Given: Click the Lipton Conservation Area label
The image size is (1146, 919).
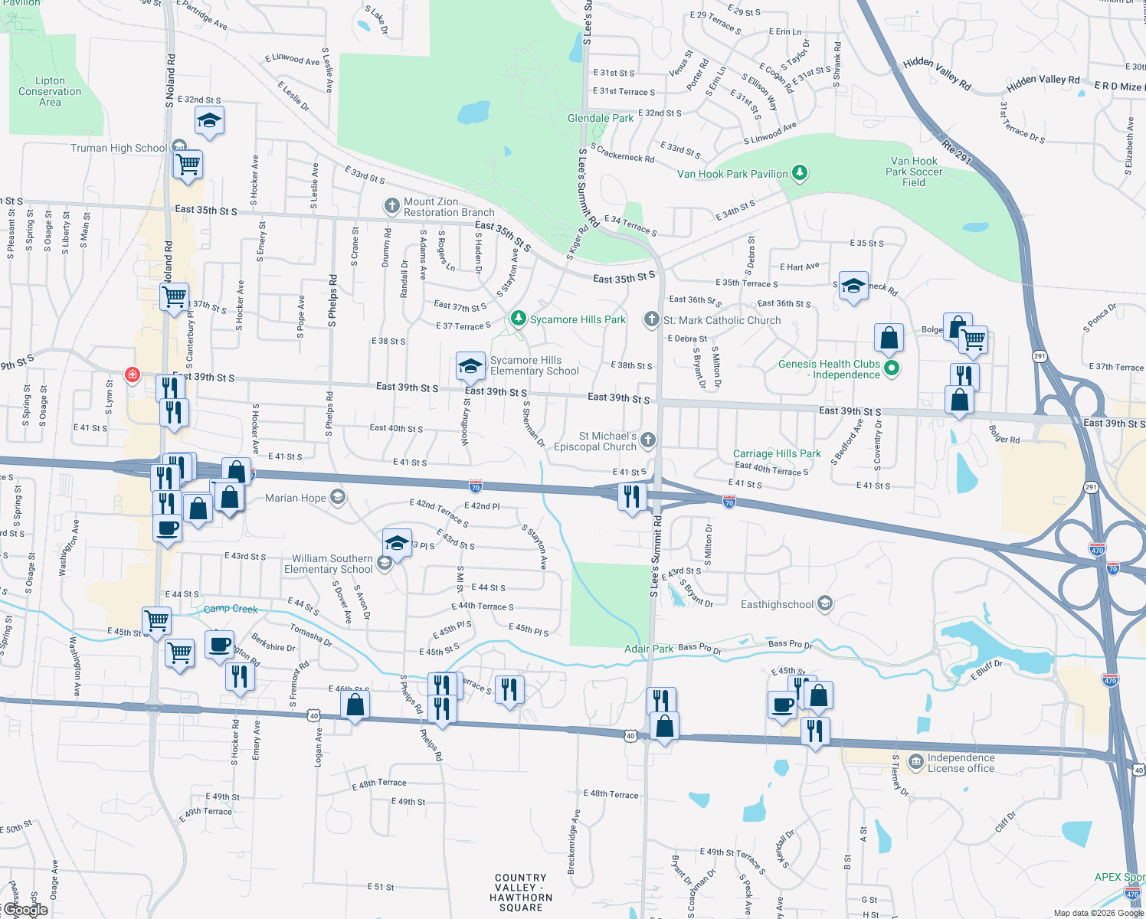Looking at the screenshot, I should coord(50,91).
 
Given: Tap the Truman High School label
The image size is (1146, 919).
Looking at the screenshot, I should coord(119,148).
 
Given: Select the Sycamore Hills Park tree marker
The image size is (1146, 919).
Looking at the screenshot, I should coord(519,319).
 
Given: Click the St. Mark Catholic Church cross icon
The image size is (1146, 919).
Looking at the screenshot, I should coord(651,319).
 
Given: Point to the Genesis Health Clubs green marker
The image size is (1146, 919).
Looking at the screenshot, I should coord(891,368).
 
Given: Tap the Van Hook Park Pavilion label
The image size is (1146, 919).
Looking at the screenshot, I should coord(732,174).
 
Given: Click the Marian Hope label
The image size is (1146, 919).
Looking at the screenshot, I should coord(296,498).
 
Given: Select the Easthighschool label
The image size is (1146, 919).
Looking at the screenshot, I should coord(777,604).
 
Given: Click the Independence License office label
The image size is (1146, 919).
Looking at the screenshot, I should coord(961,763).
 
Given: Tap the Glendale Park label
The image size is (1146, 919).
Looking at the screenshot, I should coord(601,118).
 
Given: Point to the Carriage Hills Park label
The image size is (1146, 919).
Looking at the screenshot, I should coord(777,453).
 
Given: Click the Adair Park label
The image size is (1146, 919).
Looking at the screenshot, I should coord(649,649).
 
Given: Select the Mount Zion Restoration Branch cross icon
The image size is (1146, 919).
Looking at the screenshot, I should coord(391,205).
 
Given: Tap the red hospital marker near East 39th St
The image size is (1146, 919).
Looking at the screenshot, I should coord(133,374).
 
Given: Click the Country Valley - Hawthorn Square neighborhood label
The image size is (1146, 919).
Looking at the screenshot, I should coord(521,892).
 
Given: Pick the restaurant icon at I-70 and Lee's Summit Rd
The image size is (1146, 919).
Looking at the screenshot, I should coord(631,496).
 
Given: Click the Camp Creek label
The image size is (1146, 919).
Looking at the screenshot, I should coord(231,609).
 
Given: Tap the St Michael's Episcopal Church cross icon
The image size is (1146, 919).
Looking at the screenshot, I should coord(648,440).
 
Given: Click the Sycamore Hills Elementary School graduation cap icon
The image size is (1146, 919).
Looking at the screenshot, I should coord(470,365).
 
